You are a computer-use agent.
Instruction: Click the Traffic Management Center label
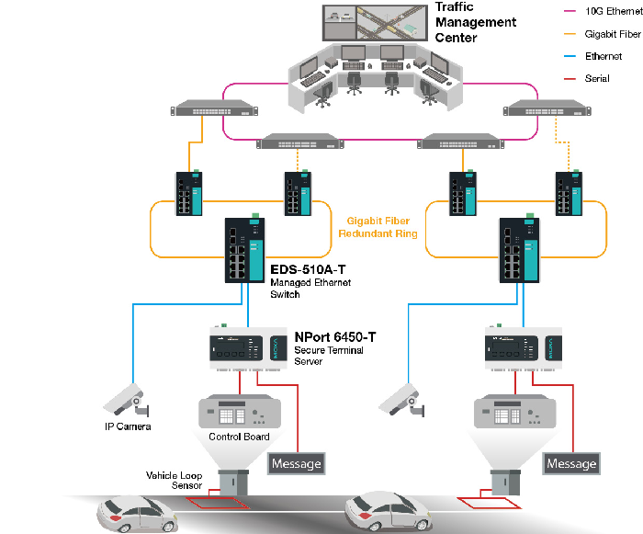click(x=476, y=23)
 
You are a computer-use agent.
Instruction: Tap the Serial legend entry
click(x=597, y=79)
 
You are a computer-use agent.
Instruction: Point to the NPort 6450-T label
click(x=335, y=336)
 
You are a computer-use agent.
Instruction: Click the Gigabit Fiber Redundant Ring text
click(x=381, y=227)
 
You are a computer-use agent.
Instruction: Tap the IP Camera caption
click(x=127, y=426)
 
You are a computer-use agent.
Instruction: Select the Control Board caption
click(x=239, y=437)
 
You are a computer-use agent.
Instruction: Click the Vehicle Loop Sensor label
click(x=175, y=480)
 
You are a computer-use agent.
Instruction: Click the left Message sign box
click(x=296, y=463)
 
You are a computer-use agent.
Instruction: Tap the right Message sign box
click(x=571, y=463)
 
